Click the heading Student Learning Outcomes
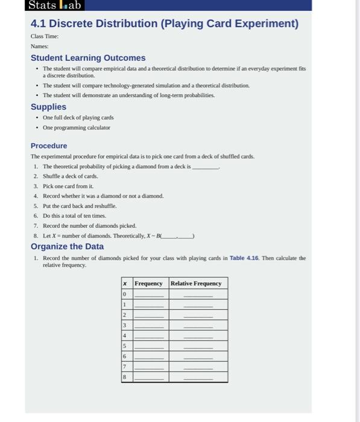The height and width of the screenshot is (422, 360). tap(88, 58)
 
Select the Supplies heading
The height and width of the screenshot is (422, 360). tap(48, 107)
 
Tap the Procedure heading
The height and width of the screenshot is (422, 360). tap(49, 146)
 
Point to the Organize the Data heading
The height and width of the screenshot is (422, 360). tap(67, 247)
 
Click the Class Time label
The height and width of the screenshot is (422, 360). tap(45, 36)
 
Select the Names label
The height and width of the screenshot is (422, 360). tap(40, 46)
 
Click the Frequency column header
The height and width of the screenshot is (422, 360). tap(148, 283)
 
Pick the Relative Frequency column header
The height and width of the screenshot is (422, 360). tap(196, 283)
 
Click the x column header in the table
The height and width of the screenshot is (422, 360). tap(125, 283)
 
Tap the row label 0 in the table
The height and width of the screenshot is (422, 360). tap(125, 294)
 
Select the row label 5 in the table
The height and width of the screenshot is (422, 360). tap(125, 346)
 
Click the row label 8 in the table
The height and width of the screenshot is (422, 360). tap(125, 377)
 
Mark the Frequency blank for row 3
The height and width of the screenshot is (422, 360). tap(149, 326)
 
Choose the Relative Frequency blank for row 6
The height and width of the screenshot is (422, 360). tap(198, 357)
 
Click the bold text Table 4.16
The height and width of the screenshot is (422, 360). tap(244, 258)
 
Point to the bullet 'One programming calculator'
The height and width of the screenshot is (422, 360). tap(77, 128)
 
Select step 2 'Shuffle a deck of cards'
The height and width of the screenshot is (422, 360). tap(70, 176)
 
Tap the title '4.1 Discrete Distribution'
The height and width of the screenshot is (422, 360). tap(164, 24)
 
